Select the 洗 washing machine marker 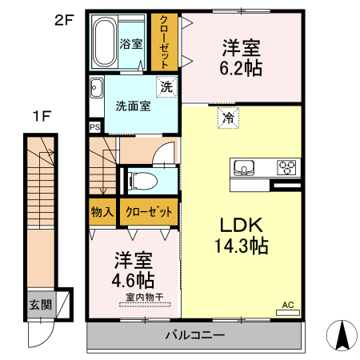coord(166,87)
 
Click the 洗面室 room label coord(132,106)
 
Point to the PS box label coord(94,126)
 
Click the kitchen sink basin coord(243,167)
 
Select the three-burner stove coord(286,167)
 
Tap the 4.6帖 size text coord(133,281)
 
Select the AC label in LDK coord(287,305)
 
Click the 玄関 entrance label coord(40,305)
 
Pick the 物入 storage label coord(102,212)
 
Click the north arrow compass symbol coord(344,334)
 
